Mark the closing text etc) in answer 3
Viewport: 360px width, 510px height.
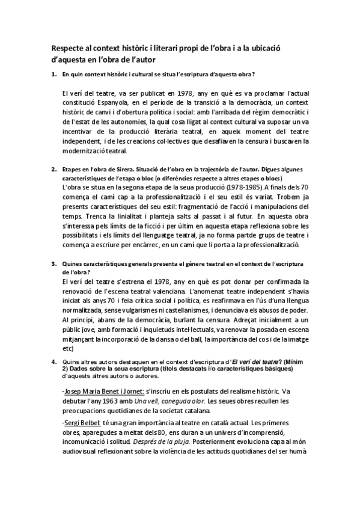pos(67,348)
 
